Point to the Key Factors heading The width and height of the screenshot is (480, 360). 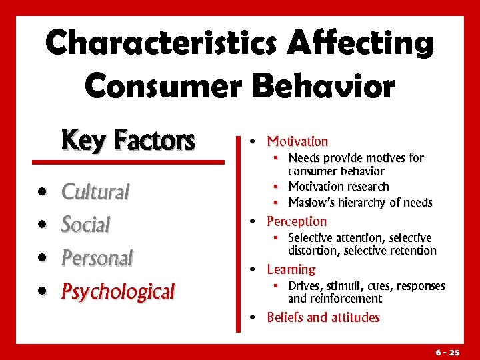tap(127, 141)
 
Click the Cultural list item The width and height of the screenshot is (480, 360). tap(95, 192)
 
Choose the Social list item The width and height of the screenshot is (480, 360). tap(85, 225)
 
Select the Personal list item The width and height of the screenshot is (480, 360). tap(97, 257)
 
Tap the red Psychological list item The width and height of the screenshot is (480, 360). tap(117, 291)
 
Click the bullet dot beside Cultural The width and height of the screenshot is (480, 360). tap(43, 193)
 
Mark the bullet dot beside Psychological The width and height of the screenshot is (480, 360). tap(43, 292)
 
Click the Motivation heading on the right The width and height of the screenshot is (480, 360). tap(297, 141)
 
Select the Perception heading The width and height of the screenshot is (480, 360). tap(297, 221)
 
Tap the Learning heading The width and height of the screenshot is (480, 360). tap(291, 269)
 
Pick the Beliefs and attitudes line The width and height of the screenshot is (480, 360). tap(323, 317)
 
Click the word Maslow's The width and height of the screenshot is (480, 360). tap(313, 202)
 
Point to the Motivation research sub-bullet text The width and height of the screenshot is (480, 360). tap(338, 187)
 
